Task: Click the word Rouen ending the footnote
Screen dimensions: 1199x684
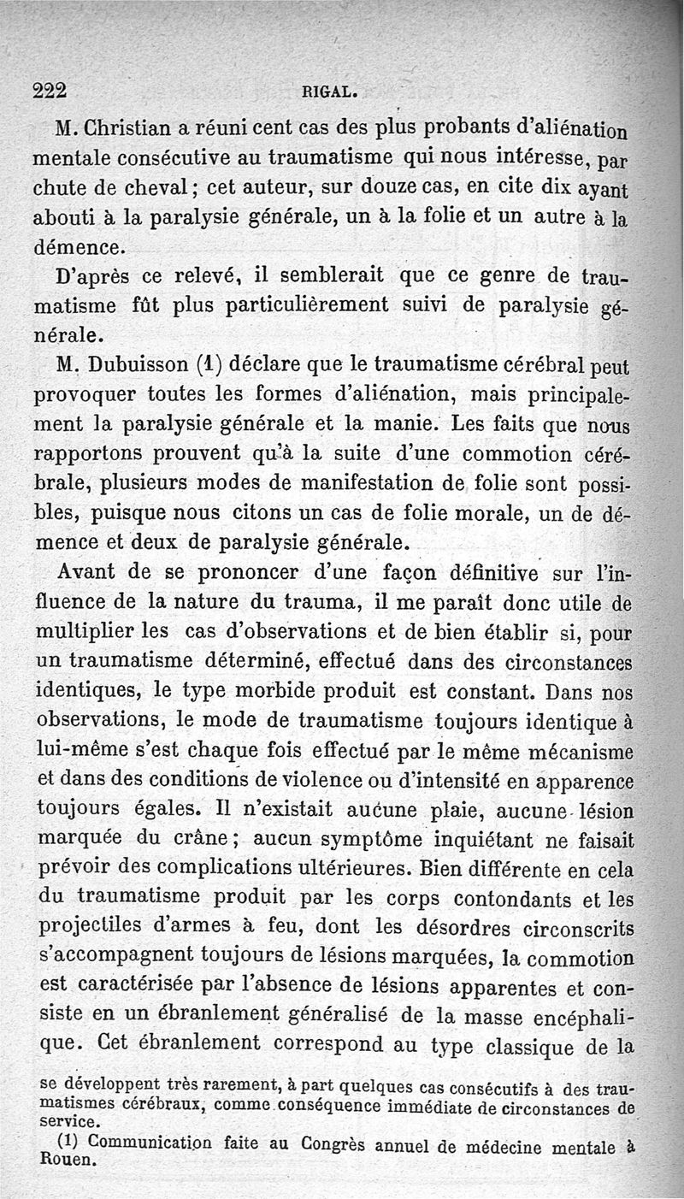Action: coord(66,1161)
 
